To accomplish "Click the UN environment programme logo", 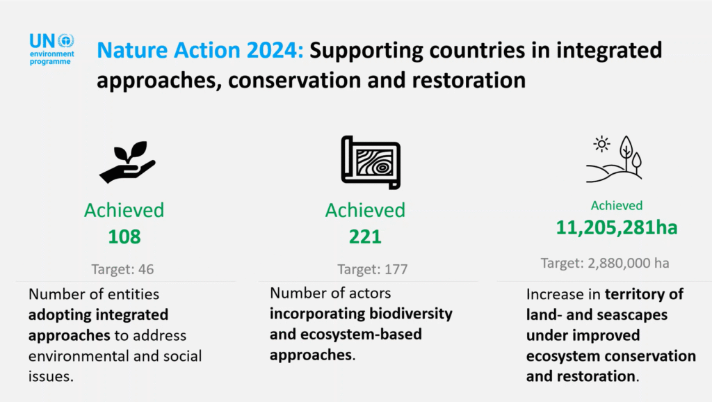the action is click(51, 49).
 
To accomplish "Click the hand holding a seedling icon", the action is click(128, 162).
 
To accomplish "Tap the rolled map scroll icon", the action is click(371, 162).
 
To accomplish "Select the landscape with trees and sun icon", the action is click(614, 159).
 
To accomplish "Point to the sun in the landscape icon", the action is click(601, 145).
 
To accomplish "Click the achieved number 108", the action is click(124, 236).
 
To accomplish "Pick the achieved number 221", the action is click(365, 236).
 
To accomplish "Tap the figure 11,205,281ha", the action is click(617, 227).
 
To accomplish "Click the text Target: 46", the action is click(122, 269).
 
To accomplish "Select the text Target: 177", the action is click(373, 269).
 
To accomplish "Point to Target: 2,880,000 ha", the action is click(605, 263).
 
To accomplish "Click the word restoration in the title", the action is click(469, 80).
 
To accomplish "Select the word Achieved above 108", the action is click(124, 210).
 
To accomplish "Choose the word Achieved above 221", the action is click(365, 210).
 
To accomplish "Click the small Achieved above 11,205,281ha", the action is click(617, 205).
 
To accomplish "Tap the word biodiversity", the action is click(411, 314).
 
